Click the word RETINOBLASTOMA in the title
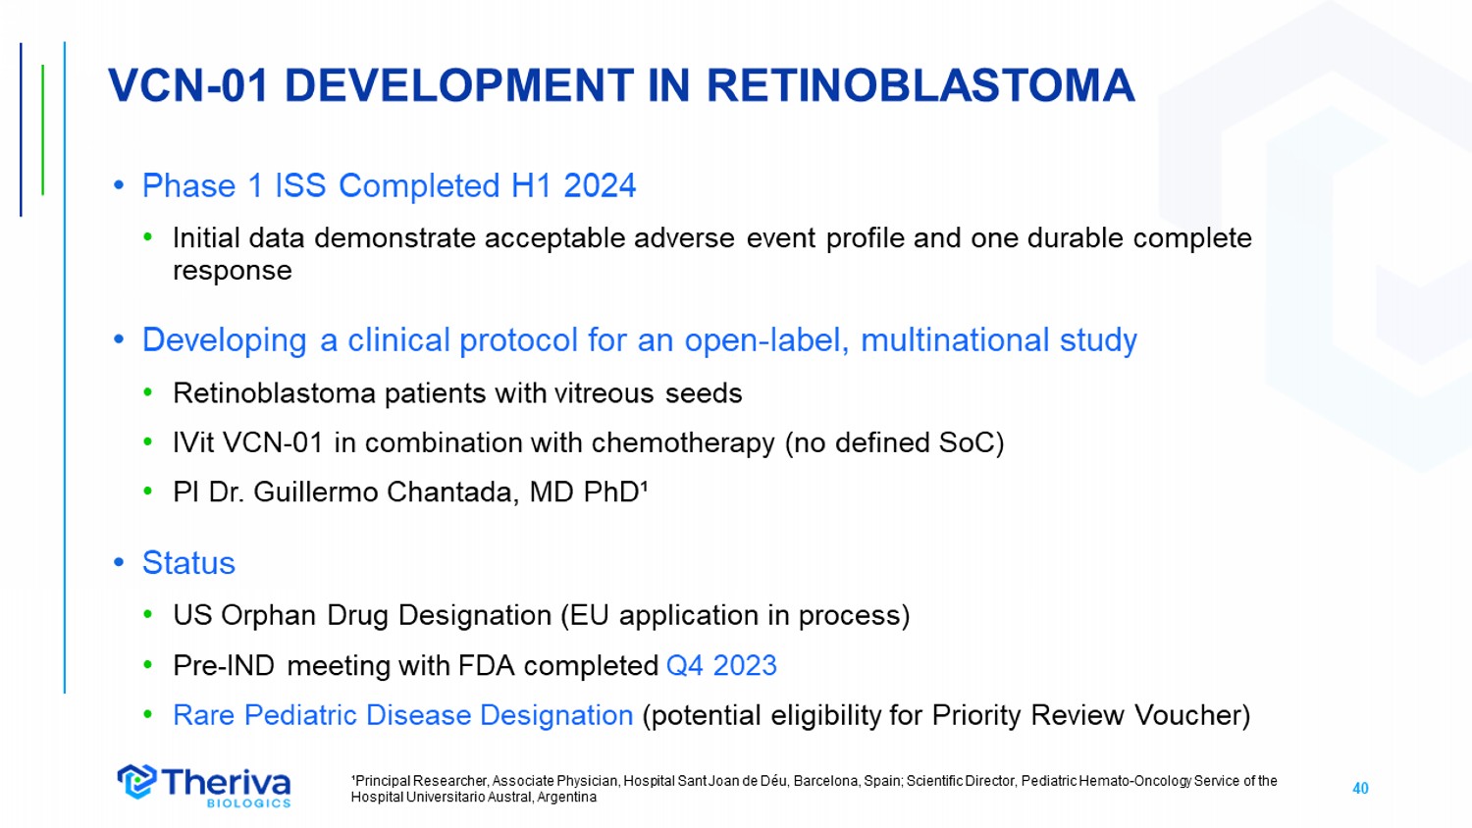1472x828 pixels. point(920,85)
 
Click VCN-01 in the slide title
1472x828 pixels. point(188,85)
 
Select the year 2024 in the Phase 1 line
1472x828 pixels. point(600,185)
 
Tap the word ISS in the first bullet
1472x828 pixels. point(300,185)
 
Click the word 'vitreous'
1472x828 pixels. point(604,393)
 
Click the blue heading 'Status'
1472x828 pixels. point(188,563)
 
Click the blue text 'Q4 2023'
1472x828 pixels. point(721,666)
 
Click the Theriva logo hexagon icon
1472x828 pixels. point(136,782)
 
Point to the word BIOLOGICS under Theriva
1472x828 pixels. point(248,803)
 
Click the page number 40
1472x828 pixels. point(1360,789)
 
